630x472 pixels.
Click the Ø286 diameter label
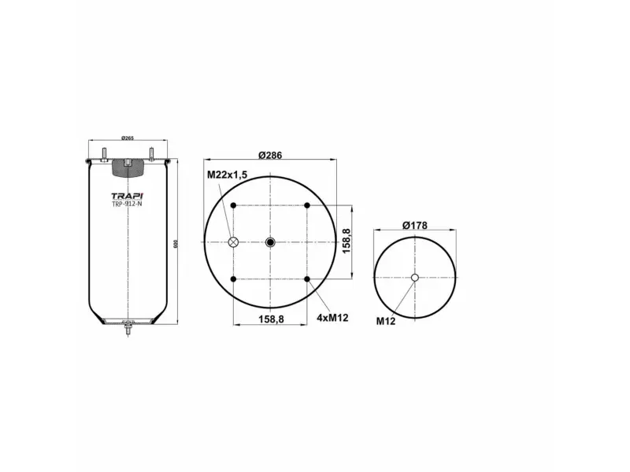click(269, 155)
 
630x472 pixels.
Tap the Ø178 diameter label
click(414, 226)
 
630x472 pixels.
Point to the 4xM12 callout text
click(332, 318)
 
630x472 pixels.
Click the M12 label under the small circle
click(386, 321)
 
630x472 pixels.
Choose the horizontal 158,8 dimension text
click(270, 319)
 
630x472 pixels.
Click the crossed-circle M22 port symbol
click(233, 242)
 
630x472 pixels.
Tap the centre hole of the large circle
click(270, 242)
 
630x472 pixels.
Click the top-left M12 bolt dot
click(233, 206)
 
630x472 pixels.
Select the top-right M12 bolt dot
click(307, 206)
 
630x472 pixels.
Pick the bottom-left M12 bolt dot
click(233, 279)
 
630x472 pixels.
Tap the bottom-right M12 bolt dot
click(307, 279)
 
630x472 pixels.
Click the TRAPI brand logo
click(126, 196)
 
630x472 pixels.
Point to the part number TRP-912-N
click(126, 205)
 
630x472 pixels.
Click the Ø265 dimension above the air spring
click(127, 139)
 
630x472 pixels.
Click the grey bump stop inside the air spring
click(127, 166)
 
